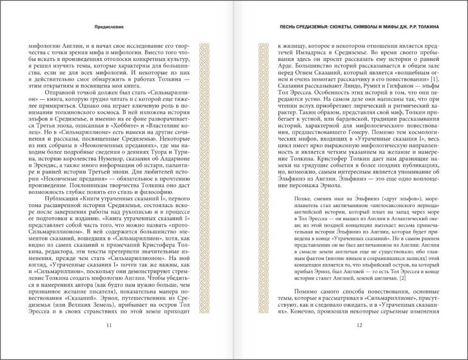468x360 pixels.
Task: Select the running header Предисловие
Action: (109, 27)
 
